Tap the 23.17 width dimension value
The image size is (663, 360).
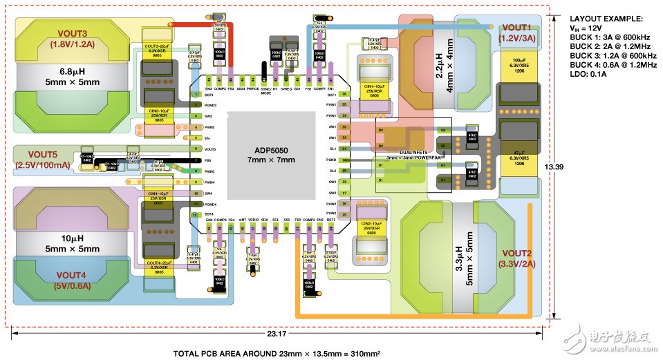click(x=280, y=336)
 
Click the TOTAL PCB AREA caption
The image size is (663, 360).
click(x=277, y=352)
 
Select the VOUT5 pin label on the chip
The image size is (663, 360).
click(x=211, y=149)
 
